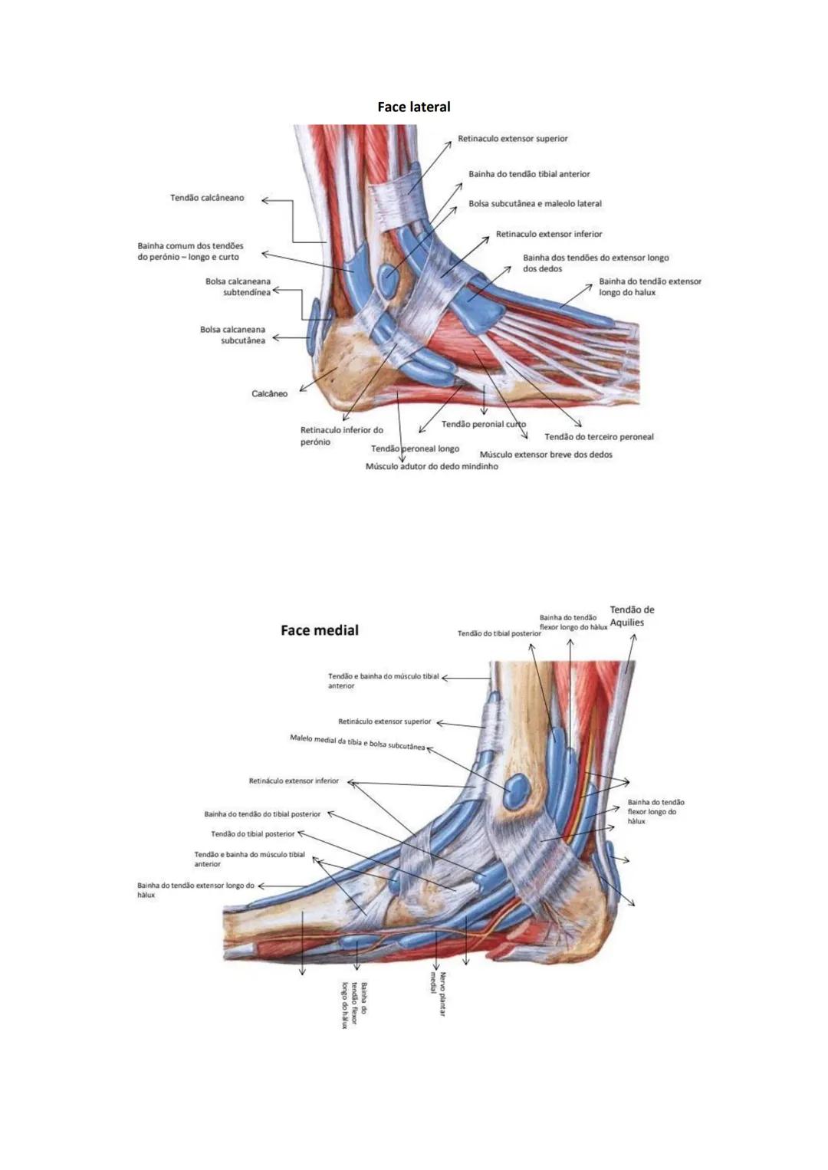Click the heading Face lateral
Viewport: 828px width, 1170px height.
(413, 107)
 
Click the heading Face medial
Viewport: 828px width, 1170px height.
(319, 630)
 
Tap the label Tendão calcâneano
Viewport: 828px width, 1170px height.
(207, 198)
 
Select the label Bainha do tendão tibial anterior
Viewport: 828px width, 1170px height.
(529, 174)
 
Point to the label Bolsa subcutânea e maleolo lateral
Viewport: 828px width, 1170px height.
(535, 204)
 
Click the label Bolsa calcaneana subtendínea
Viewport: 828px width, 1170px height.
(238, 287)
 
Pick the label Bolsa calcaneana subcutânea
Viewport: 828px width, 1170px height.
(232, 335)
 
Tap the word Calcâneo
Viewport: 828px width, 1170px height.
(269, 394)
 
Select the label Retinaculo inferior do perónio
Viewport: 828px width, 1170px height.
(341, 435)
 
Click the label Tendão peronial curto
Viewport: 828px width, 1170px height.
(483, 424)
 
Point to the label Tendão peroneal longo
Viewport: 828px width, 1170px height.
(415, 449)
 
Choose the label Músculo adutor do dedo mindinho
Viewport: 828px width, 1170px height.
(432, 466)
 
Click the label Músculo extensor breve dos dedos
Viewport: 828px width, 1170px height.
(546, 455)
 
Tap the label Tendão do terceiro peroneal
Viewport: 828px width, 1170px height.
(599, 437)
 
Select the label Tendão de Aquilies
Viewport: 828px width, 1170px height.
(632, 616)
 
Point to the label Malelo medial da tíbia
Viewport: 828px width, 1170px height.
(356, 742)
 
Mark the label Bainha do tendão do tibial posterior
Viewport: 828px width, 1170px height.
(262, 814)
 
